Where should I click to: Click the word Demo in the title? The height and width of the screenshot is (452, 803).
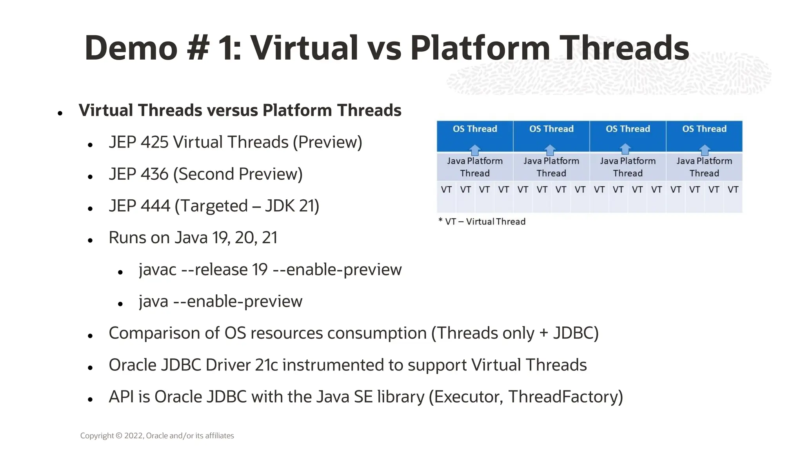[131, 48]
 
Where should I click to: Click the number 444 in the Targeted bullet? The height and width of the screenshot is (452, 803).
[155, 206]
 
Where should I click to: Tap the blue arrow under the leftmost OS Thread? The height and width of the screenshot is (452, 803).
[475, 150]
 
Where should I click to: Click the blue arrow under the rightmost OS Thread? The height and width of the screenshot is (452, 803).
[705, 150]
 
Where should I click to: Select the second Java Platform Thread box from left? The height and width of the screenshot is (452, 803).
[551, 167]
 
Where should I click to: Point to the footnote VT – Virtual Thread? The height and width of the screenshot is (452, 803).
[482, 222]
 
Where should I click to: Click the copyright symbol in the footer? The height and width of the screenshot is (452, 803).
[119, 436]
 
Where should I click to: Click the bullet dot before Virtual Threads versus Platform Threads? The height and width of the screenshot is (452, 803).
[60, 113]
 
